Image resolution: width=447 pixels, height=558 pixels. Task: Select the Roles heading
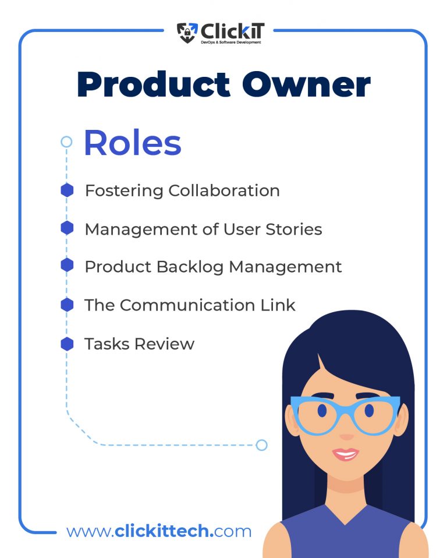pyautogui.click(x=133, y=143)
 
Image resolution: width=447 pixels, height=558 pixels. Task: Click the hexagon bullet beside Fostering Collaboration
pyautogui.click(x=67, y=190)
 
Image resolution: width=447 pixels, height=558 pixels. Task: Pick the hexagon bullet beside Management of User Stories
pyautogui.click(x=67, y=228)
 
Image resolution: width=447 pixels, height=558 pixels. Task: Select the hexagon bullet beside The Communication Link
pyautogui.click(x=67, y=305)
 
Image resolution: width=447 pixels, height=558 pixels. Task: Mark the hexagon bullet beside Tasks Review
pyautogui.click(x=67, y=344)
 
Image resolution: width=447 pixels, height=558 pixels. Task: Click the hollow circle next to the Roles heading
pyautogui.click(x=66, y=142)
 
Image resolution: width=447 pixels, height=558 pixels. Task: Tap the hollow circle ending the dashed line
pyautogui.click(x=261, y=445)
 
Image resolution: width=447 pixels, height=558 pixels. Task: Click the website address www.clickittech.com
pyautogui.click(x=159, y=531)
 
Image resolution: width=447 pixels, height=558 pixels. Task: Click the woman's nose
pyautogui.click(x=346, y=435)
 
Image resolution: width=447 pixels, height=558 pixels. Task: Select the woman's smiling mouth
pyautogui.click(x=345, y=454)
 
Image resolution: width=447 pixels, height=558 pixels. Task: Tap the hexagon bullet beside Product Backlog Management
pyautogui.click(x=67, y=266)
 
